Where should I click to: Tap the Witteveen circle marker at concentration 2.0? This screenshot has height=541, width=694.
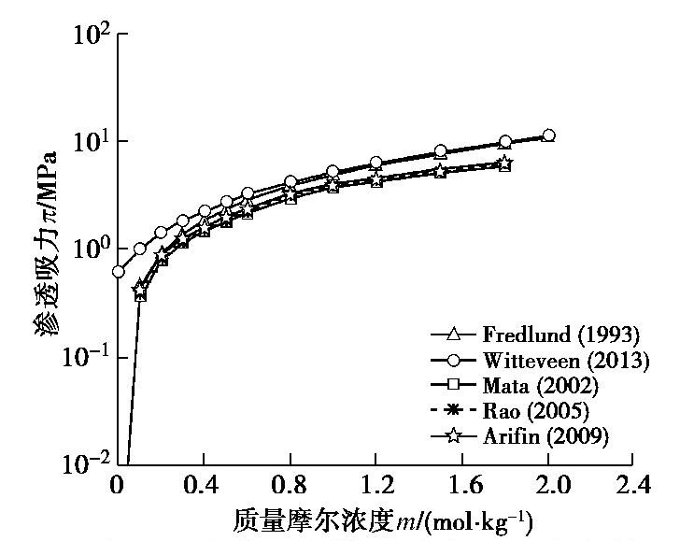click(x=548, y=135)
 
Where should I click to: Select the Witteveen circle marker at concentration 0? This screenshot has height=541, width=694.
click(x=118, y=272)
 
